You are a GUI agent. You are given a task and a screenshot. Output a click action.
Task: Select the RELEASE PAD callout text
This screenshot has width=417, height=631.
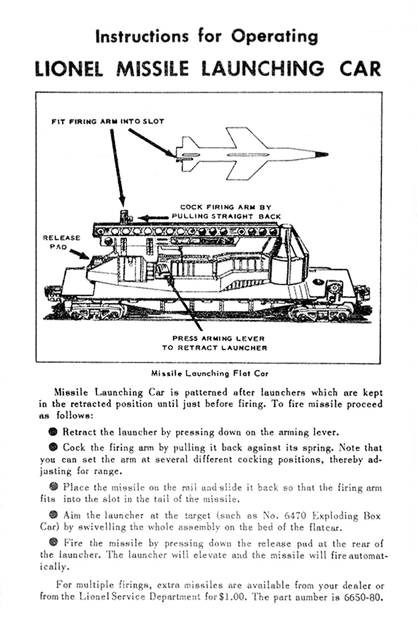pyautogui.click(x=61, y=242)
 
